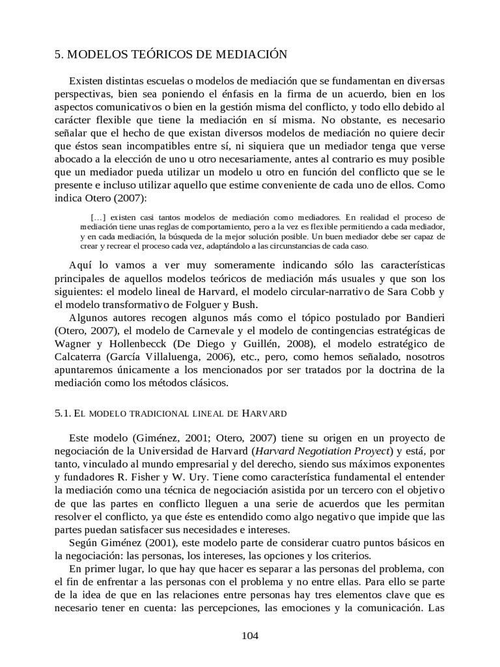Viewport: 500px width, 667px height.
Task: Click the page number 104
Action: click(x=250, y=636)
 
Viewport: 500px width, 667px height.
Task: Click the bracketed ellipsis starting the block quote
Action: click(x=99, y=217)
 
